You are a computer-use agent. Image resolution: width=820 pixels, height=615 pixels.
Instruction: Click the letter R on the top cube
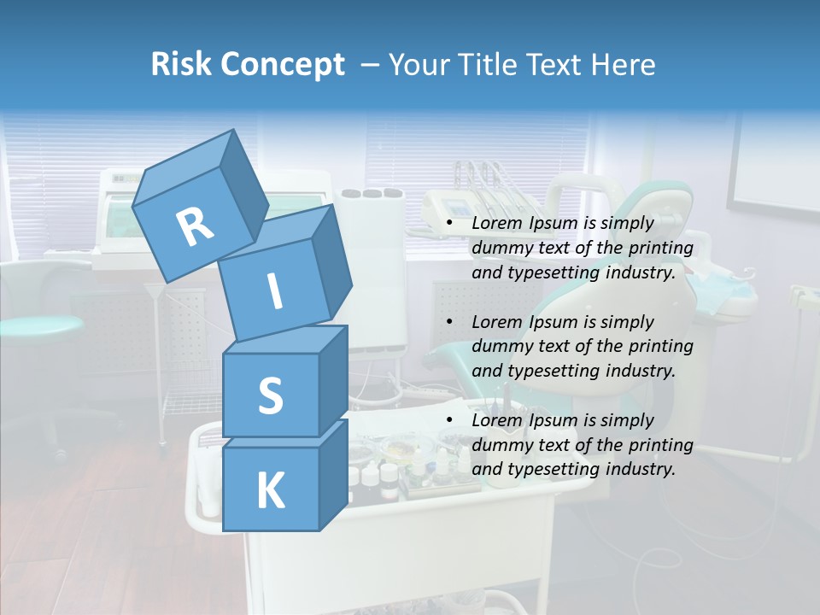[195, 226]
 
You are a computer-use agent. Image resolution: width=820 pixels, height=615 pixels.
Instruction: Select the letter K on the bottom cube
[270, 492]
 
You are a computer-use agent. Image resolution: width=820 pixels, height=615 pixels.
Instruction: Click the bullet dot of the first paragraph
[450, 224]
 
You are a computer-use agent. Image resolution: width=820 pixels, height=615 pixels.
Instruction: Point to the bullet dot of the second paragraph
[450, 322]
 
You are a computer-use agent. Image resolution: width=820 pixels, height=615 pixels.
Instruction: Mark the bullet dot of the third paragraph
[450, 420]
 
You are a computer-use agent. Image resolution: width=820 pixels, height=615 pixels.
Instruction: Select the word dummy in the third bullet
[499, 445]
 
